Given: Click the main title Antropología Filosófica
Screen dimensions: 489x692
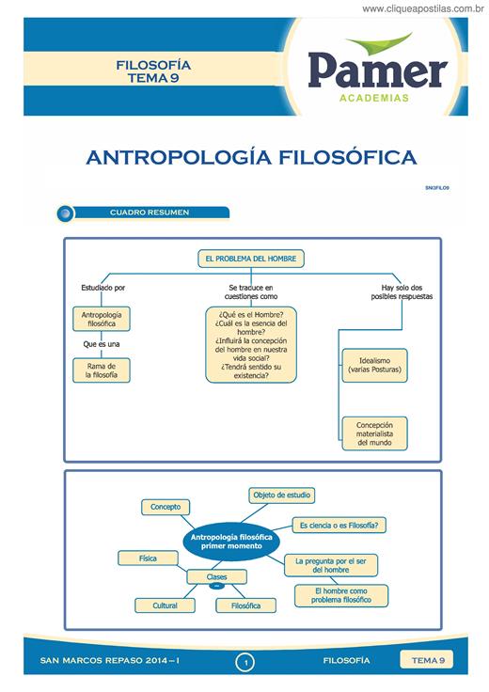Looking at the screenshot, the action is [252, 158].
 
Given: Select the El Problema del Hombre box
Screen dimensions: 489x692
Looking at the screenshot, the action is [251, 259].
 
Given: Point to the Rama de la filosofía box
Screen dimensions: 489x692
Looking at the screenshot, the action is [102, 370].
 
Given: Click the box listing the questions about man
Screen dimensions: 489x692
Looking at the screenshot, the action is [251, 345].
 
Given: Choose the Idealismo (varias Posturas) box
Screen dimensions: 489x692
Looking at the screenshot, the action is [374, 365].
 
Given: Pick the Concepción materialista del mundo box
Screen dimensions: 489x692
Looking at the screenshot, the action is [374, 433].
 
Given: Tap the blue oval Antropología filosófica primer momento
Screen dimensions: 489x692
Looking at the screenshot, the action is [231, 542].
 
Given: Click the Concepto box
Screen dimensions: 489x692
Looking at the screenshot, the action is [166, 507].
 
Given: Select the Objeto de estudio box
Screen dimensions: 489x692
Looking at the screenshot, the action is [281, 495].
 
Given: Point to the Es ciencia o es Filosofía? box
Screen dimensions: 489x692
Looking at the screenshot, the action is [339, 526].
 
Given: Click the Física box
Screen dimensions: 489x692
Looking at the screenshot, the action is [148, 558].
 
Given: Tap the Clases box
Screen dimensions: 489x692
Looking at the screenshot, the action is [216, 576].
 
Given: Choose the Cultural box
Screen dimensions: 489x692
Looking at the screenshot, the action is [166, 605].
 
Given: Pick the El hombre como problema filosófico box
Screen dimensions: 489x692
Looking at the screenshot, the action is [341, 595].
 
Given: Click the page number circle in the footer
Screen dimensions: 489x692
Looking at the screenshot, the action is [245, 662].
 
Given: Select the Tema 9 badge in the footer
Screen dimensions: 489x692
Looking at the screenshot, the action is [427, 660].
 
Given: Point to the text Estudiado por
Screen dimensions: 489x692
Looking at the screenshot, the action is [103, 288].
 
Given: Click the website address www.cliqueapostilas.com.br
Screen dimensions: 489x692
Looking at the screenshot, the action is [423, 8].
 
